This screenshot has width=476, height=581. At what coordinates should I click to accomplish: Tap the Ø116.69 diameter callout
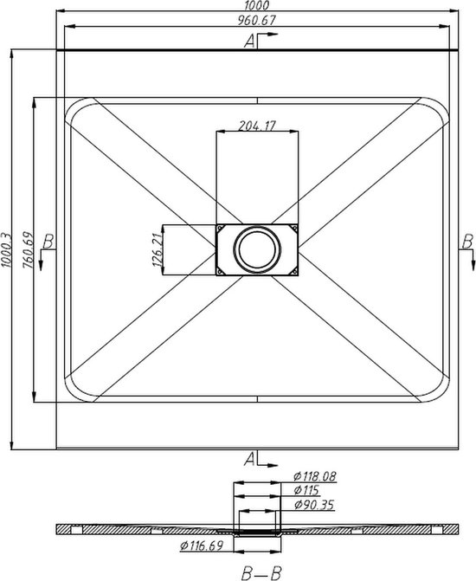pyautogui.click(x=204, y=545)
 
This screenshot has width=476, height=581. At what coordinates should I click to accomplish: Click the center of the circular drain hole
pyautogui.click(x=257, y=249)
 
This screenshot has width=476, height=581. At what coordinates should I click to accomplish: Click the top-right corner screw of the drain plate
pyautogui.click(x=294, y=228)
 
